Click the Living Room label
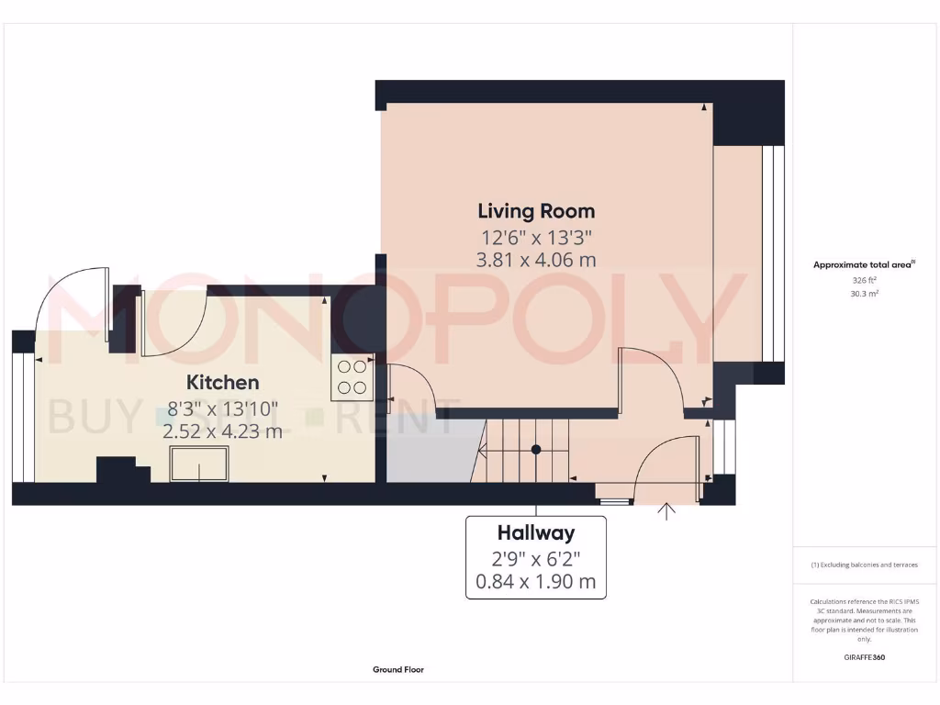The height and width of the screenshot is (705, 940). coord(535,211)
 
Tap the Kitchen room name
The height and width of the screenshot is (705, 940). coord(223,382)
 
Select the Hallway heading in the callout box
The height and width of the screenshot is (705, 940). coord(536,532)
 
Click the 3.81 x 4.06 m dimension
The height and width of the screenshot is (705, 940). coord(535,260)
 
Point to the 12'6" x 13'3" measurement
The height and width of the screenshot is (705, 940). coord(535,236)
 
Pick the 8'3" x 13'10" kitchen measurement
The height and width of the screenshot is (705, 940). coord(223,407)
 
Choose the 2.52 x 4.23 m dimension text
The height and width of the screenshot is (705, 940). coord(223,431)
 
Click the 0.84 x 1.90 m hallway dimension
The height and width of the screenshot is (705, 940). coord(536,581)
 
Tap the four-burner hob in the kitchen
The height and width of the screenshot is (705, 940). coord(351,377)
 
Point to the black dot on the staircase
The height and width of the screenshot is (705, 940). coord(536,450)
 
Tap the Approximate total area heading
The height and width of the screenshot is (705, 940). coord(864,264)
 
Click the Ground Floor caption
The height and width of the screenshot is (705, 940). coord(398,670)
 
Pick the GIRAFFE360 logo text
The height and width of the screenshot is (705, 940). coord(864,657)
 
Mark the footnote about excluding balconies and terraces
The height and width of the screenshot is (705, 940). coord(864,565)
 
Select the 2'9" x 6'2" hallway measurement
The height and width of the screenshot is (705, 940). coord(536,557)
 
